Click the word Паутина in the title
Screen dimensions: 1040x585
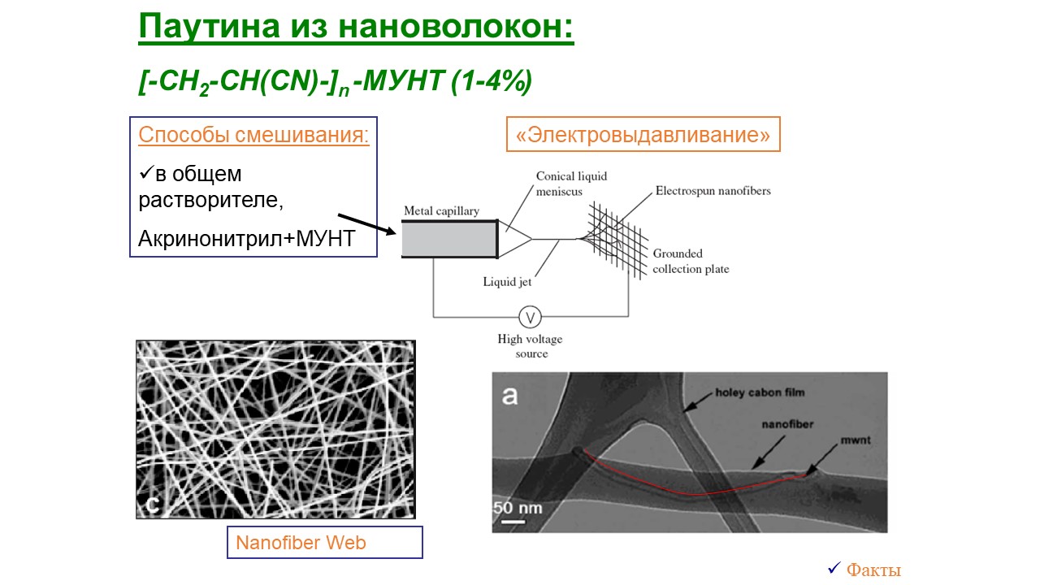pyautogui.click(x=210, y=27)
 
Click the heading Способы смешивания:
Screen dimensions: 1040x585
pyautogui.click(x=253, y=135)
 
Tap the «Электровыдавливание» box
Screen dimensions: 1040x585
pyautogui.click(x=643, y=134)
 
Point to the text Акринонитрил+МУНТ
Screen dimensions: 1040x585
pyautogui.click(x=246, y=239)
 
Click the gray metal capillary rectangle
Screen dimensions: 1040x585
pyautogui.click(x=450, y=239)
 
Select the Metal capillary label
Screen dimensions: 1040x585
pyautogui.click(x=441, y=210)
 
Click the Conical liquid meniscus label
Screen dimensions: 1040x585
pyautogui.click(x=571, y=184)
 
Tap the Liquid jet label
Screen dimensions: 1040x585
pyautogui.click(x=507, y=282)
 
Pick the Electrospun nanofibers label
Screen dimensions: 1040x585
pyautogui.click(x=713, y=191)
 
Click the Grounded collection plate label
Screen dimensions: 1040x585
pyautogui.click(x=691, y=261)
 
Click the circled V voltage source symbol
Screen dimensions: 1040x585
pyautogui.click(x=530, y=318)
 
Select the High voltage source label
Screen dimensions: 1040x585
pyautogui.click(x=531, y=346)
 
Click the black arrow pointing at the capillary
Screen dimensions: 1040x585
pyautogui.click(x=366, y=223)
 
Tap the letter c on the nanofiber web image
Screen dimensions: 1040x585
pyautogui.click(x=152, y=505)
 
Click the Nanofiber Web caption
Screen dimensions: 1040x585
pyautogui.click(x=301, y=542)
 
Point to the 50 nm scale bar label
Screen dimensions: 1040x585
pyautogui.click(x=518, y=508)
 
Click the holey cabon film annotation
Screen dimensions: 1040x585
pyautogui.click(x=760, y=392)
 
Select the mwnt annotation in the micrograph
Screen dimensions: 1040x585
pyautogui.click(x=856, y=440)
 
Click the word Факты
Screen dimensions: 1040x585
pyautogui.click(x=873, y=570)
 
